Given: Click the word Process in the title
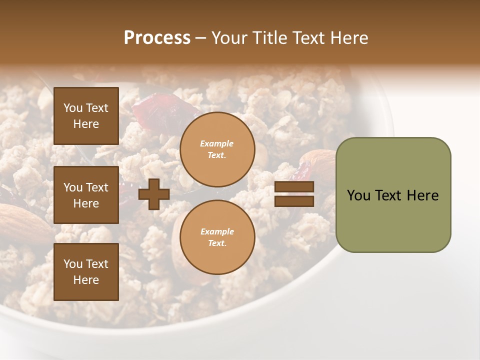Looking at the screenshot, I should pos(157,38).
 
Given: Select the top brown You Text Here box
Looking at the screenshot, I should pos(86,116).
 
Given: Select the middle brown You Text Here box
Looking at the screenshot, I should pos(86,195).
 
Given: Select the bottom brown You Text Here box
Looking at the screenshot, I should pos(86,272).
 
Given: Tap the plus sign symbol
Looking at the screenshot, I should pos(154,194).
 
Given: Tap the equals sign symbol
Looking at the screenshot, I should pos(294,194).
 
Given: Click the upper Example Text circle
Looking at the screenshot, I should pos(217,149).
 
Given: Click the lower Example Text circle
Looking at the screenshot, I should pos(217,237).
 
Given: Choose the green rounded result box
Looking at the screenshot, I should pos(393,195).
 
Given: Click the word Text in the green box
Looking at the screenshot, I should pos(389,195).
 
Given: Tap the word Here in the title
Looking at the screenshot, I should pos(350,38).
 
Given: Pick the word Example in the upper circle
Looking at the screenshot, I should pos(217,144).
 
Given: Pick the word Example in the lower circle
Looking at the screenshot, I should pos(217,231).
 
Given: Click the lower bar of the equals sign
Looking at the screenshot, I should pos(294,201).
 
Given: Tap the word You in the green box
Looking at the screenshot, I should pos(358,195).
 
